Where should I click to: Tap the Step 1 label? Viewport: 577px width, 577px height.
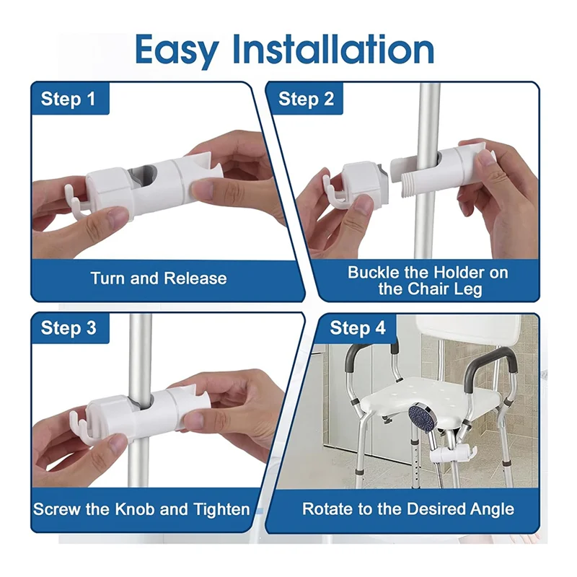point(68,99)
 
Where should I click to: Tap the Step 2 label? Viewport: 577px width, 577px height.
point(306,99)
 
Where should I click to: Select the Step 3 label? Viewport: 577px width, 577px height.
point(68,328)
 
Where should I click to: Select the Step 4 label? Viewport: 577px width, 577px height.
point(358,328)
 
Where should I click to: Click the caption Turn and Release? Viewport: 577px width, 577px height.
point(158,278)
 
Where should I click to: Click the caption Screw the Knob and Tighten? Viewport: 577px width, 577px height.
point(141,509)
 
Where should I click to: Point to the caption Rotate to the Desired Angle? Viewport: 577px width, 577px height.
point(408,509)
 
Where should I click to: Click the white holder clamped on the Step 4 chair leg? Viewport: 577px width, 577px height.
point(448,455)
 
